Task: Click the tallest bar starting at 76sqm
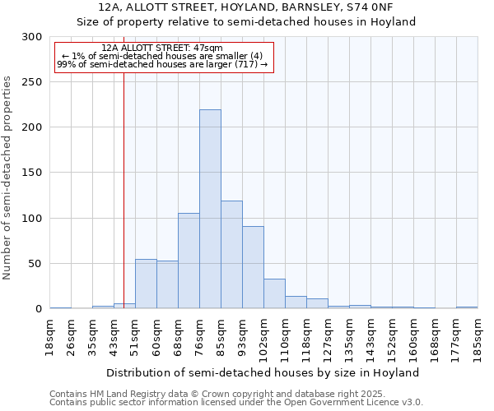[x=210, y=209]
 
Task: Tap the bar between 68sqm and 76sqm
[x=189, y=261]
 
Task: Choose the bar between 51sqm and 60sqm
[x=146, y=284]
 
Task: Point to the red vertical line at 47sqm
[x=123, y=181]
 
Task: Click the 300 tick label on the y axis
[x=31, y=37]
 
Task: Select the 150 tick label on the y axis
[x=31, y=173]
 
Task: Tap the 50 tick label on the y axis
[x=35, y=264]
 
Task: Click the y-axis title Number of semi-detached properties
[x=7, y=178]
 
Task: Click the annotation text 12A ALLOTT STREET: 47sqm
[x=162, y=48]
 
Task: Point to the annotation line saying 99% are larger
[x=162, y=64]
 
